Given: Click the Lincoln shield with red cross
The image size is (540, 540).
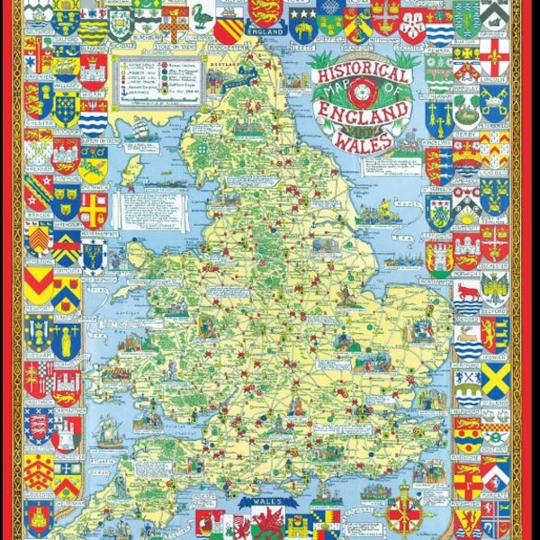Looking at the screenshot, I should (x=494, y=58).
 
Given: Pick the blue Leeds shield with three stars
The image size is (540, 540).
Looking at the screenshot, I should (x=302, y=25).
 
